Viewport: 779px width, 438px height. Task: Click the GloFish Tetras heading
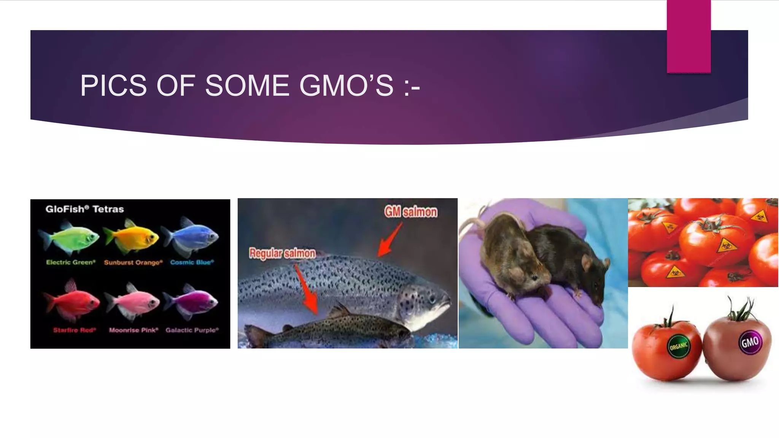pyautogui.click(x=84, y=209)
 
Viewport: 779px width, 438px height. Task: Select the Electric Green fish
pyautogui.click(x=70, y=238)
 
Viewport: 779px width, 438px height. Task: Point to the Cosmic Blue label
pyautogui.click(x=192, y=262)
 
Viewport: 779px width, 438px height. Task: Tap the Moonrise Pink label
pyautogui.click(x=134, y=330)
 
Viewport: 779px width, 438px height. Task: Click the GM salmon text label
pyautogui.click(x=411, y=212)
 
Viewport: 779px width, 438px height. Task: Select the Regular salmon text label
pyautogui.click(x=282, y=253)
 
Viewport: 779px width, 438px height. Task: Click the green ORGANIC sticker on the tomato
pyautogui.click(x=679, y=346)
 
